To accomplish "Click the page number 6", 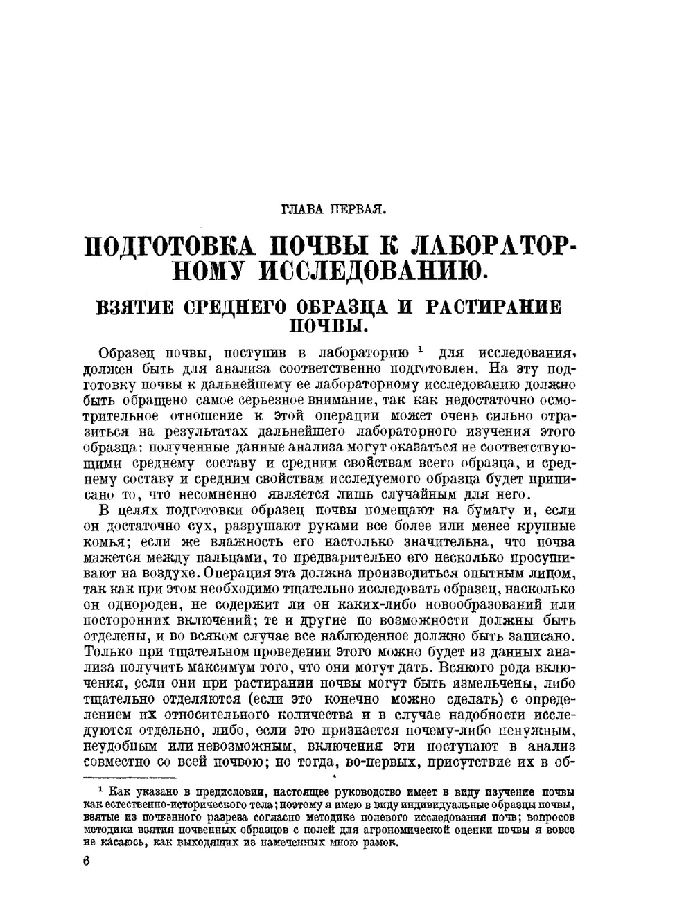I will tap(86, 861).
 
